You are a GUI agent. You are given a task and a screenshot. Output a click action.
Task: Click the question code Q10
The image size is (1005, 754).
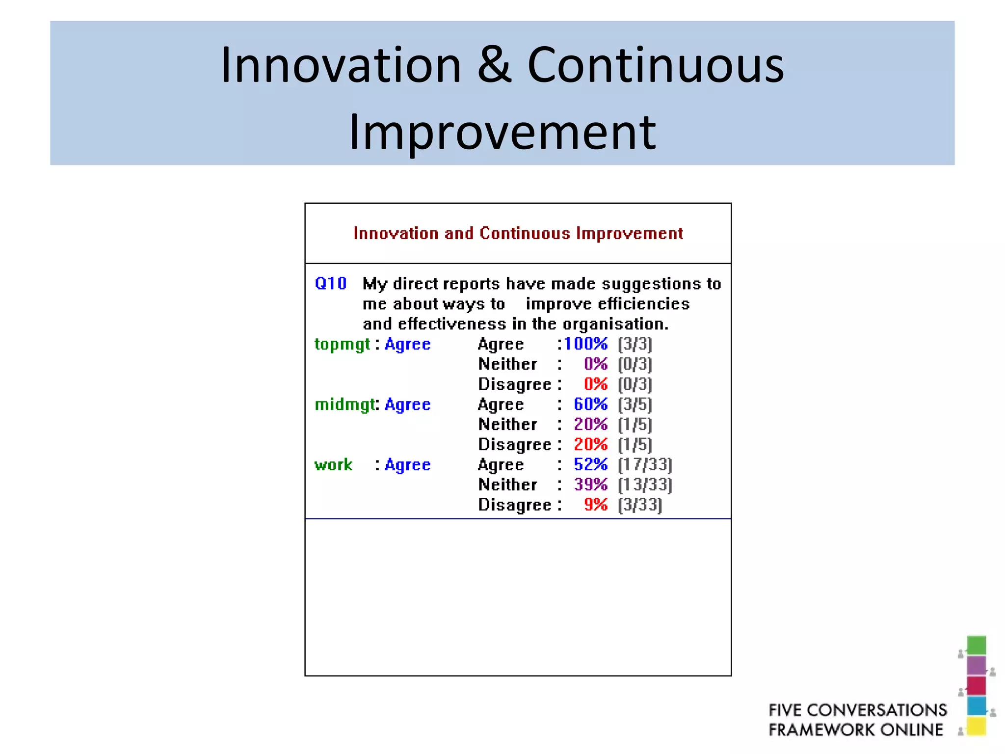(330, 284)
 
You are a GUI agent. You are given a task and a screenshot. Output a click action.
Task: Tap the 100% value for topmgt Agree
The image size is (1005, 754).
(585, 344)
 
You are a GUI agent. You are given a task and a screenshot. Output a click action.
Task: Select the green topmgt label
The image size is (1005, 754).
(342, 344)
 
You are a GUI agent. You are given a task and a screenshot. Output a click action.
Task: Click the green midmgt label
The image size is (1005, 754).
(344, 404)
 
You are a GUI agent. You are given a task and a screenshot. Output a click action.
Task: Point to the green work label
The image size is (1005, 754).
(333, 465)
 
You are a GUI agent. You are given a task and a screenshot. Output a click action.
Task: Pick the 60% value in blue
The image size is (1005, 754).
(590, 404)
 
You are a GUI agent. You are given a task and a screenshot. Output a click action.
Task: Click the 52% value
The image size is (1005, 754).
(590, 464)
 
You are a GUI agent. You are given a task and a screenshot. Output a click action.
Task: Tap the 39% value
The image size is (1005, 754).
(590, 485)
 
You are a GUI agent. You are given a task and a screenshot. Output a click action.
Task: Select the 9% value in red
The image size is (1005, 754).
(595, 505)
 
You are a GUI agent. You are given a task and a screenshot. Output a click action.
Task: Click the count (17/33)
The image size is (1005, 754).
(645, 464)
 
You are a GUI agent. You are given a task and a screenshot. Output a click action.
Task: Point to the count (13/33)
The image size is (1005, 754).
(645, 485)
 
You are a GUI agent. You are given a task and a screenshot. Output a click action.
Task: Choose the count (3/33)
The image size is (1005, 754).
(640, 505)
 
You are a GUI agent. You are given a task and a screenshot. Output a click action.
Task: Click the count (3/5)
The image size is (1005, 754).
(635, 404)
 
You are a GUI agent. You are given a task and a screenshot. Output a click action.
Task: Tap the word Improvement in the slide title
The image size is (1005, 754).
(502, 132)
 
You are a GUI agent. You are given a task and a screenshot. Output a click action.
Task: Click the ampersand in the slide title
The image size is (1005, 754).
(495, 65)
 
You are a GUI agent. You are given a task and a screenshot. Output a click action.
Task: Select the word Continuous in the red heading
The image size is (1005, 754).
(525, 233)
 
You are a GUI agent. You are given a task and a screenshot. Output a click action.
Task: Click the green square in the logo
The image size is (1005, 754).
(976, 645)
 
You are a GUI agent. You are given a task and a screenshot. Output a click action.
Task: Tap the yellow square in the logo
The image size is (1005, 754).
(976, 727)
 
